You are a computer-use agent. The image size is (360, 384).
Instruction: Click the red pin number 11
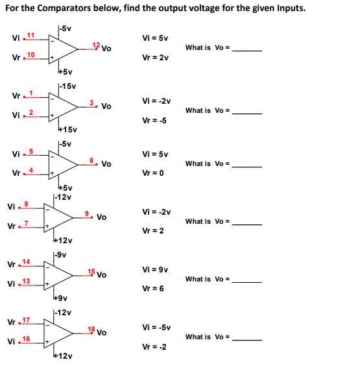pos(30,34)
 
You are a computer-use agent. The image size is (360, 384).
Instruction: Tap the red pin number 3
pos(92,102)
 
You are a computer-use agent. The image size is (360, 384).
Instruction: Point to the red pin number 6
pos(92,160)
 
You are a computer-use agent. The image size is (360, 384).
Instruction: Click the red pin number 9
pos(88,213)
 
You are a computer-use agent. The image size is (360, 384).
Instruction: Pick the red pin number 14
pos(27,261)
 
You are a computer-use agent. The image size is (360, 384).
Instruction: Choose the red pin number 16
pos(27,339)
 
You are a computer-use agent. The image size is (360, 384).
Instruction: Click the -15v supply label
pos(67,86)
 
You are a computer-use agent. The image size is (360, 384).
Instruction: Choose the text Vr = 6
pos(153,288)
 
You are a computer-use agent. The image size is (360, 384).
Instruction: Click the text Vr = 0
pos(153,173)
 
